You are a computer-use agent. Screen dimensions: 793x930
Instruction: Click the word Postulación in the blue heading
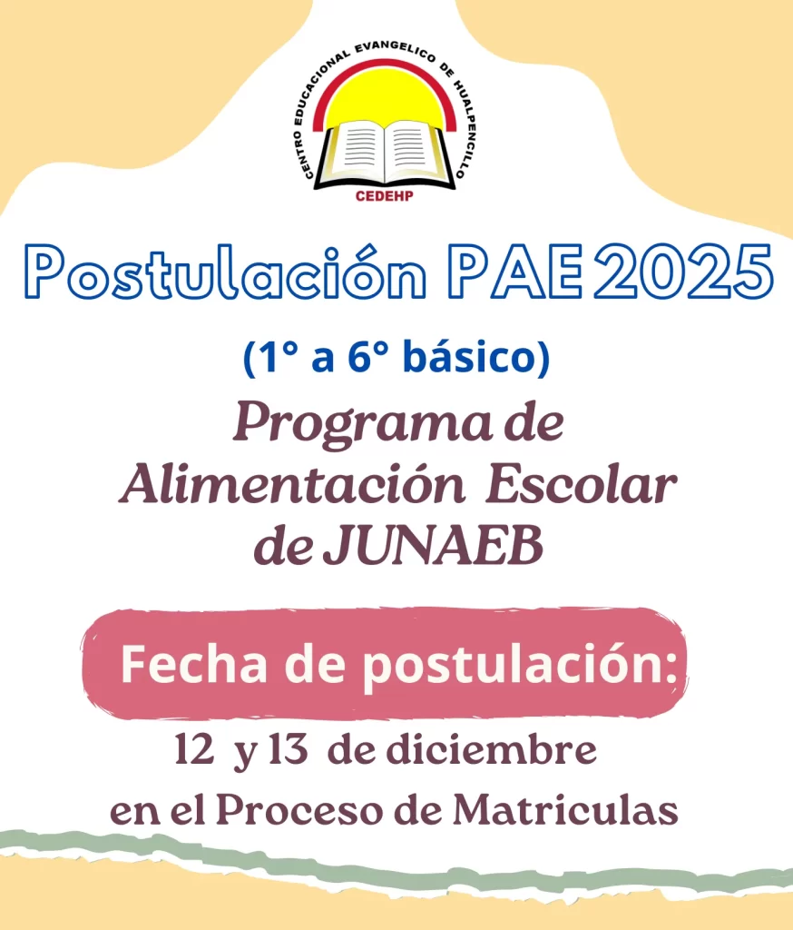(225, 272)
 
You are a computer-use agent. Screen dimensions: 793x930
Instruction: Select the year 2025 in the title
(682, 271)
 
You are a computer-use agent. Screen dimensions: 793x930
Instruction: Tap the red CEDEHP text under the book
(385, 196)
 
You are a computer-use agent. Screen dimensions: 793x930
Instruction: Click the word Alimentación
(292, 487)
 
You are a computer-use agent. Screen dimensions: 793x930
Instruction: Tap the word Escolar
(582, 487)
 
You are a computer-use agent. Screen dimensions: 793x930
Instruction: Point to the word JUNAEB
(433, 546)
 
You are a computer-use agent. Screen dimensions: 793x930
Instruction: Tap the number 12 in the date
(194, 750)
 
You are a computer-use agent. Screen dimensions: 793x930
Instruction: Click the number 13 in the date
(288, 750)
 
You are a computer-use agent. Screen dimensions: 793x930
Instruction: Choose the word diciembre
(492, 750)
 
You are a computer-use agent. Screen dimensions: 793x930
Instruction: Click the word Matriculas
(565, 810)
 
